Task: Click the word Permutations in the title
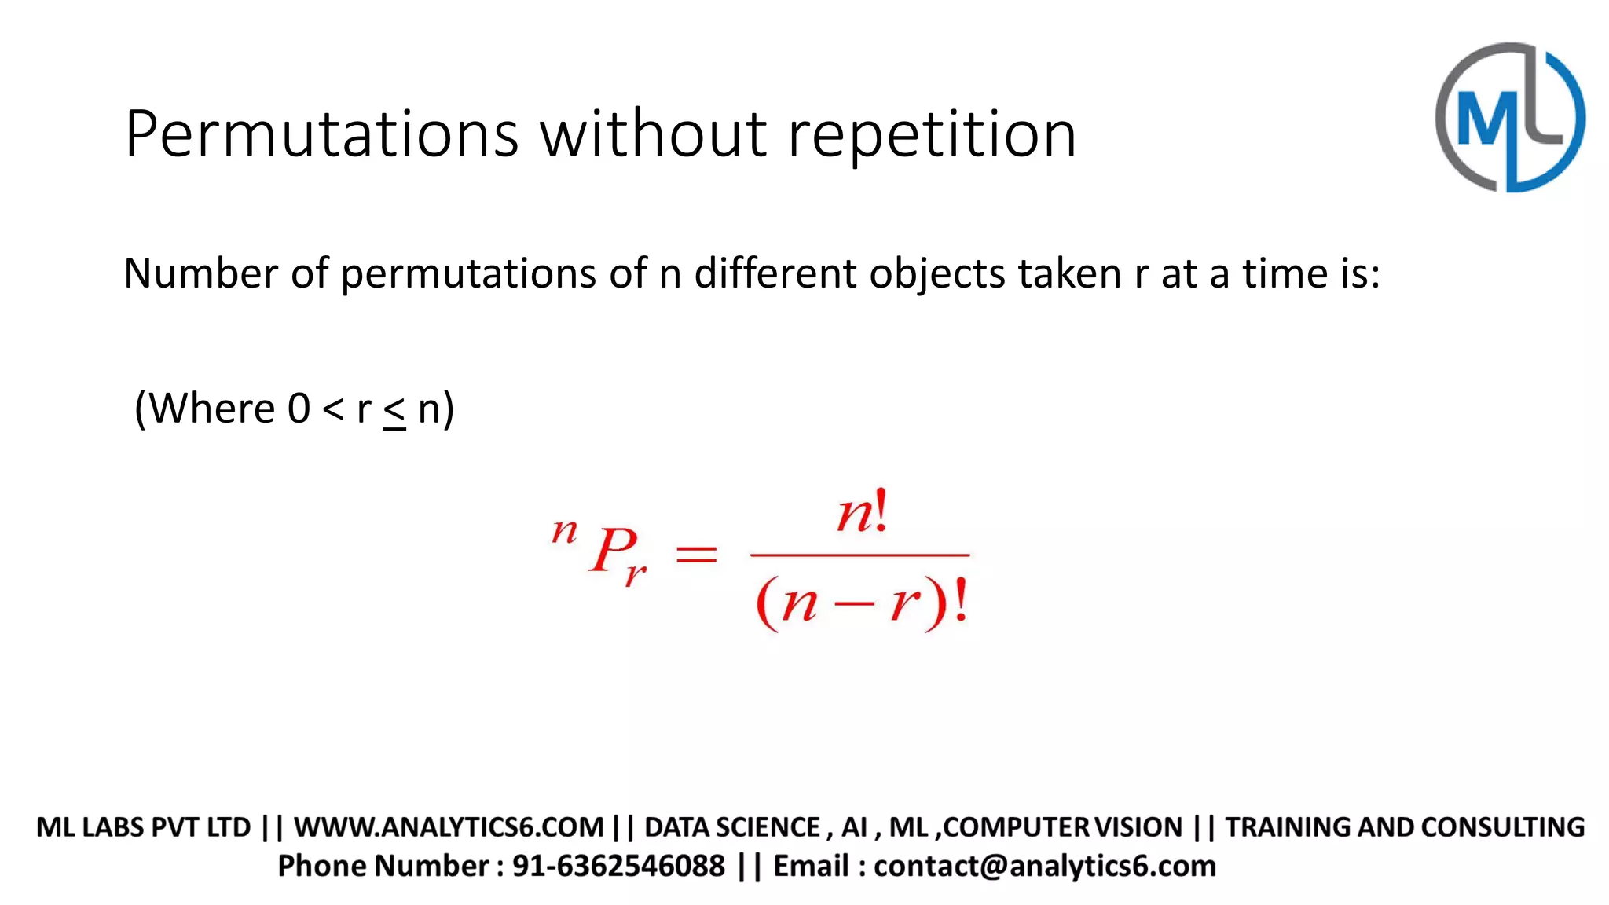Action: coord(321,135)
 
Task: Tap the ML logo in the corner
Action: coord(1509,118)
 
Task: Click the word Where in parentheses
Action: coord(211,409)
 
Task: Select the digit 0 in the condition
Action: coord(299,409)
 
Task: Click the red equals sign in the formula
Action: coord(696,555)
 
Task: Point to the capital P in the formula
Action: coord(612,550)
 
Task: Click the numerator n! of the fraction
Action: coord(862,513)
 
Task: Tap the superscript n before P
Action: coord(564,532)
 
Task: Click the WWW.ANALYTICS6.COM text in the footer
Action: coord(449,827)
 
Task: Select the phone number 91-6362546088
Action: coord(618,866)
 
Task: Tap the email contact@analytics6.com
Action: coord(1045,866)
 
